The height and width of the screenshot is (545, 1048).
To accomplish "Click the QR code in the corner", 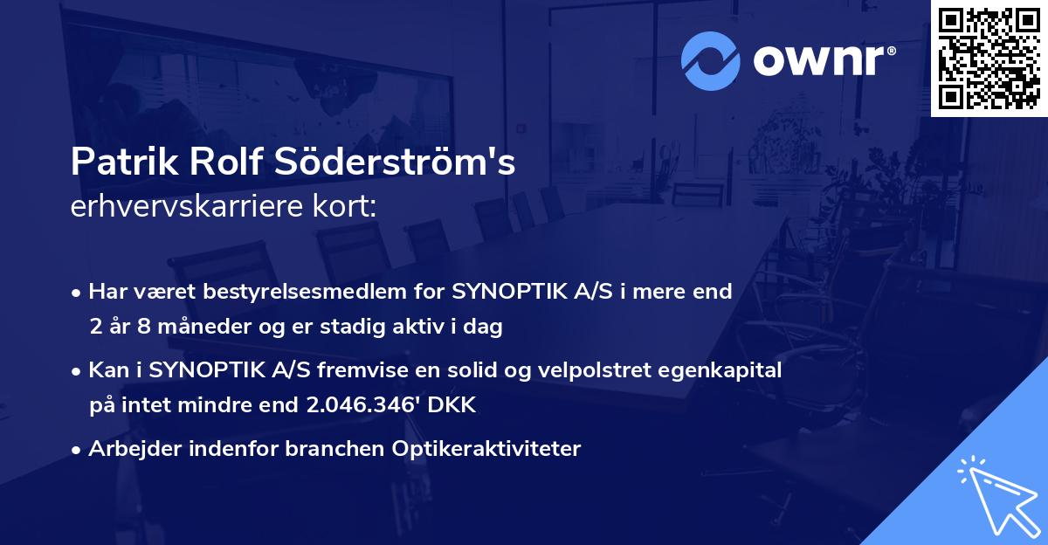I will pos(989,59).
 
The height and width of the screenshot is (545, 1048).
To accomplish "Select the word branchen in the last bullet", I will pos(316,449).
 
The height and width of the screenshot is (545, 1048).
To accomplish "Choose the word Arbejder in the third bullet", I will pos(128,449).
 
